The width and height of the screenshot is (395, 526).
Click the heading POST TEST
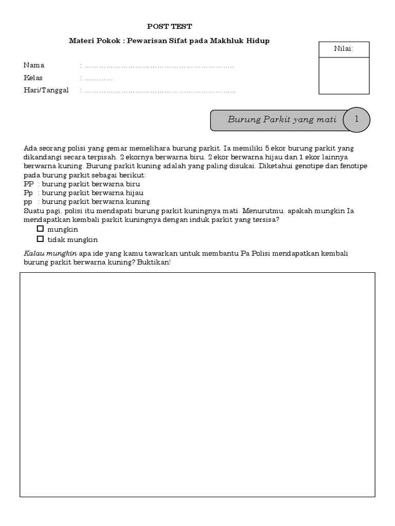pos(169,26)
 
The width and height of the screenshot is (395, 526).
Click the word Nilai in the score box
pos(344,49)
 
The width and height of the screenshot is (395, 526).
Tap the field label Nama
pos(34,65)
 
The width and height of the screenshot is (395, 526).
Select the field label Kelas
pos(33,78)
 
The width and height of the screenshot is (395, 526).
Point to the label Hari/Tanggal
pos(46,90)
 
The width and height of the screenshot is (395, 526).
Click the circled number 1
pos(356,119)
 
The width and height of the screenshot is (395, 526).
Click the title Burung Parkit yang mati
pos(282,120)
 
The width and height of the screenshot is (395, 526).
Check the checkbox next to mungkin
pos(40,229)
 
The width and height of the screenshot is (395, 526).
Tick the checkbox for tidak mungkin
pos(40,239)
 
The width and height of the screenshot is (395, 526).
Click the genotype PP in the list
pos(28,183)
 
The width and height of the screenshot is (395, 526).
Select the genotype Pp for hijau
pos(28,193)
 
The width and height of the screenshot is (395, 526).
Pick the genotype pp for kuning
pos(28,202)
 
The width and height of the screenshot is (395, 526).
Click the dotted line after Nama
pos(159,66)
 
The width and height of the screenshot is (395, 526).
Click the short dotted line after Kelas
pos(98,79)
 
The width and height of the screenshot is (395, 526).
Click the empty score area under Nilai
pos(344,76)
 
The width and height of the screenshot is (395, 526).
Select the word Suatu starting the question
pos(33,211)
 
